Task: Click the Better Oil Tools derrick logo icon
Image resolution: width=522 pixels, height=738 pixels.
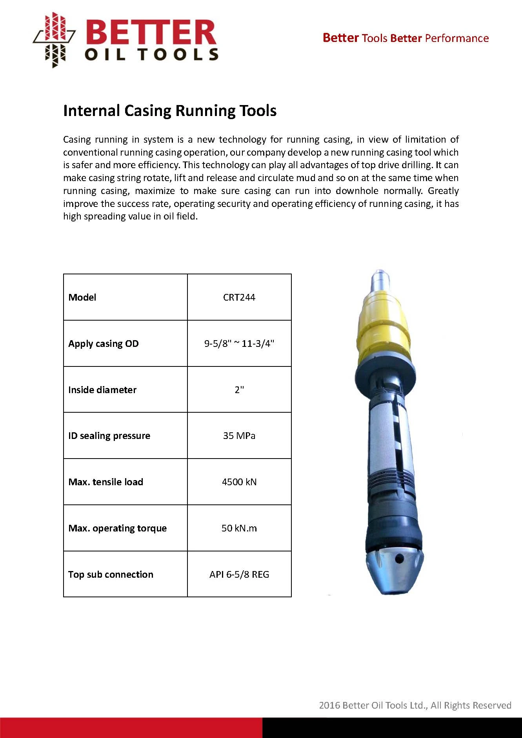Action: (x=54, y=40)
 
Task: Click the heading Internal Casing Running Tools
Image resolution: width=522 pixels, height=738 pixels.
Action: (x=170, y=111)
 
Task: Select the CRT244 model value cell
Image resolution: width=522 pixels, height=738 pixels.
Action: (x=239, y=297)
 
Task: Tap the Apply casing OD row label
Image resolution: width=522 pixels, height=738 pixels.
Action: (x=104, y=344)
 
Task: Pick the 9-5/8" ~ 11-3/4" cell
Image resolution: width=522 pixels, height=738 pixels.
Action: (x=239, y=344)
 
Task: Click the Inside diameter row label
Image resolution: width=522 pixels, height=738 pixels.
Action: (x=102, y=390)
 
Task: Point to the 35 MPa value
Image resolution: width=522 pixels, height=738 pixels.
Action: (x=239, y=436)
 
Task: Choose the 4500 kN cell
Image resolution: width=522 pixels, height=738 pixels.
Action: (x=239, y=482)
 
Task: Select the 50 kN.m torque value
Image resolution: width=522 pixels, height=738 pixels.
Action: (x=239, y=528)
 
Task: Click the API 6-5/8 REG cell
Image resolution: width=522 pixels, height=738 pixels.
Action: (x=239, y=575)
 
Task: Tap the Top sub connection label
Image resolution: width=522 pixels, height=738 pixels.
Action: (x=111, y=575)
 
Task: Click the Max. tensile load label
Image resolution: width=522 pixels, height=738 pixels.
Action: (x=105, y=482)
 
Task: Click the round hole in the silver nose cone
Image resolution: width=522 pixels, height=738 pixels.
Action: (x=399, y=559)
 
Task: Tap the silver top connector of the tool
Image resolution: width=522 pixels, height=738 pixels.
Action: (x=380, y=280)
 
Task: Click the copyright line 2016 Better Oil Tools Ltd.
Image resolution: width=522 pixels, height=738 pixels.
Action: (x=415, y=705)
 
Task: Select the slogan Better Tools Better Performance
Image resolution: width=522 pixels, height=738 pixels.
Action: (x=406, y=38)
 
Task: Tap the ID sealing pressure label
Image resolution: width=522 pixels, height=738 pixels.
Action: (x=109, y=436)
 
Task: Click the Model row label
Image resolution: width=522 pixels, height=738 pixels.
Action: (x=82, y=297)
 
